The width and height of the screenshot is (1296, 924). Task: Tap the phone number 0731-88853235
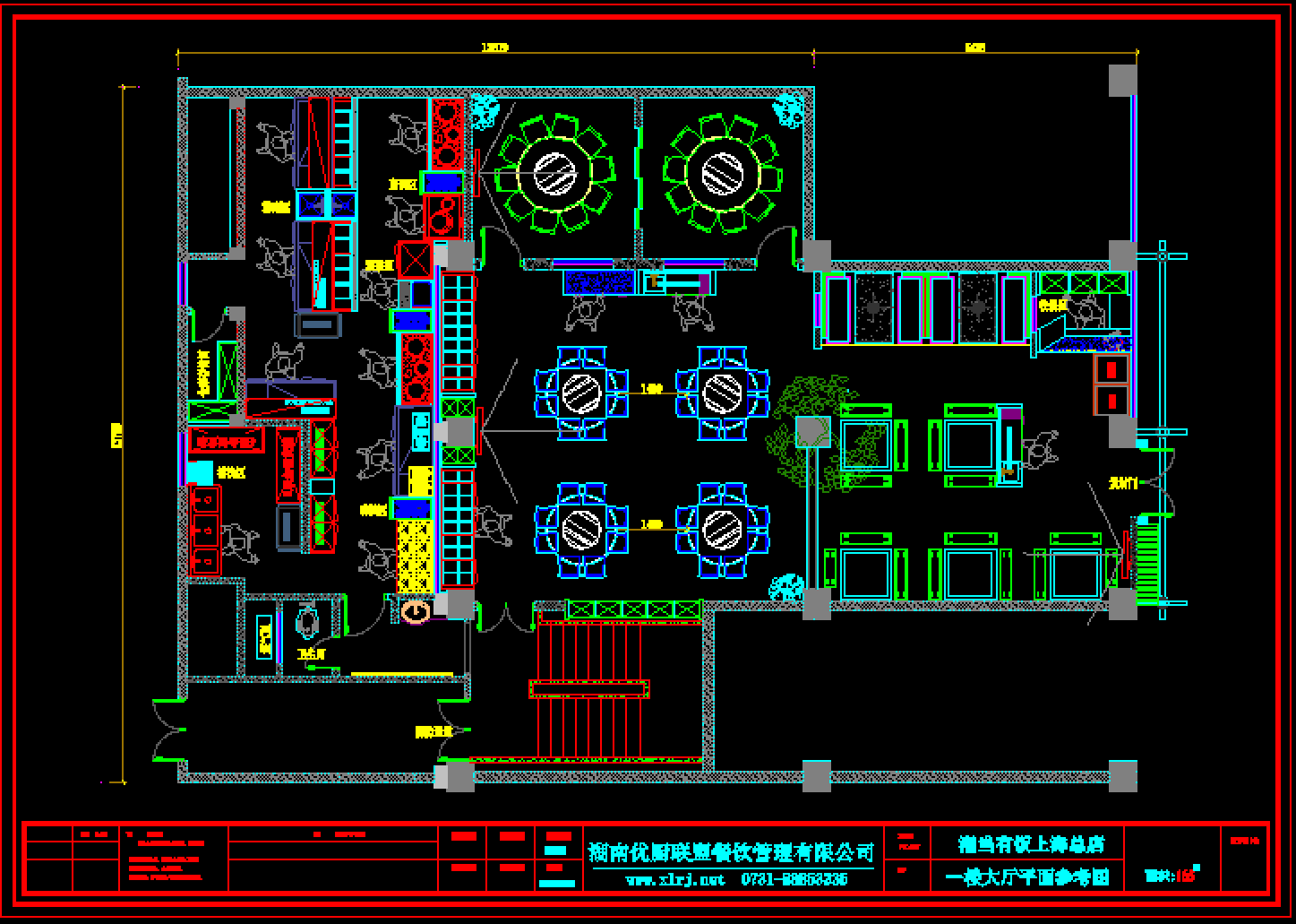[794, 879]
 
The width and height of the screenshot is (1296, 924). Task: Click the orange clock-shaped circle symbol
[416, 612]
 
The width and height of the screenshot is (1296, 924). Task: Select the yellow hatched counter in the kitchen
[415, 555]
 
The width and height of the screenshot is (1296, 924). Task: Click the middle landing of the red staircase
[588, 688]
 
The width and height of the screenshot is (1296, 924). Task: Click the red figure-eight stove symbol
[443, 216]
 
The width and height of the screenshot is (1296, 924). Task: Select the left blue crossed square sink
[311, 204]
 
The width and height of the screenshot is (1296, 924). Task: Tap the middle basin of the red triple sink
[205, 528]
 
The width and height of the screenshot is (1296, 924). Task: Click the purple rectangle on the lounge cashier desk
[1010, 415]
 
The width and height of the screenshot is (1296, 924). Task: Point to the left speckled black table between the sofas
[872, 308]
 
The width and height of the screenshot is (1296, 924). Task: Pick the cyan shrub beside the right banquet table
[789, 109]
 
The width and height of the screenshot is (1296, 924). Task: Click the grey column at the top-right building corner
[1123, 81]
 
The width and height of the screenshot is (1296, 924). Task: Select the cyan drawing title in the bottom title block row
[1027, 876]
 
